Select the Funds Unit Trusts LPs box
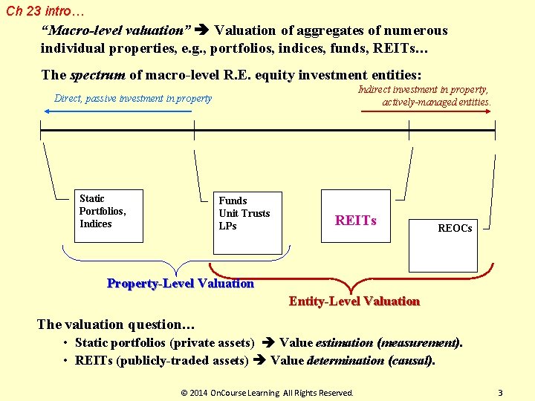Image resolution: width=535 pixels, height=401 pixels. [x=247, y=221]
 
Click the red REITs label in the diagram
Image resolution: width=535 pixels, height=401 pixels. [x=356, y=221]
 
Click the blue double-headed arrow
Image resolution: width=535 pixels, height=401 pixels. [x=128, y=111]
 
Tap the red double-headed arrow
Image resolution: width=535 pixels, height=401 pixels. [x=426, y=111]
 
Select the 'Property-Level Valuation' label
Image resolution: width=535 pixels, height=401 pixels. [x=181, y=284]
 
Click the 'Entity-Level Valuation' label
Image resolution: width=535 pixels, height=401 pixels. [x=354, y=301]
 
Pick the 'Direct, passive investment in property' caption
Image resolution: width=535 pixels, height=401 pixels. [x=133, y=98]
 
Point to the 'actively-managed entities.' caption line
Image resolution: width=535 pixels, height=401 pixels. [x=436, y=102]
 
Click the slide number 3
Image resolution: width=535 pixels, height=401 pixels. [x=500, y=392]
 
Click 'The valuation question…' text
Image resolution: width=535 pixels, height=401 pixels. [x=116, y=325]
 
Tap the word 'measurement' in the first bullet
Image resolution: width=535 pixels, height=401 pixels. [x=420, y=343]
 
